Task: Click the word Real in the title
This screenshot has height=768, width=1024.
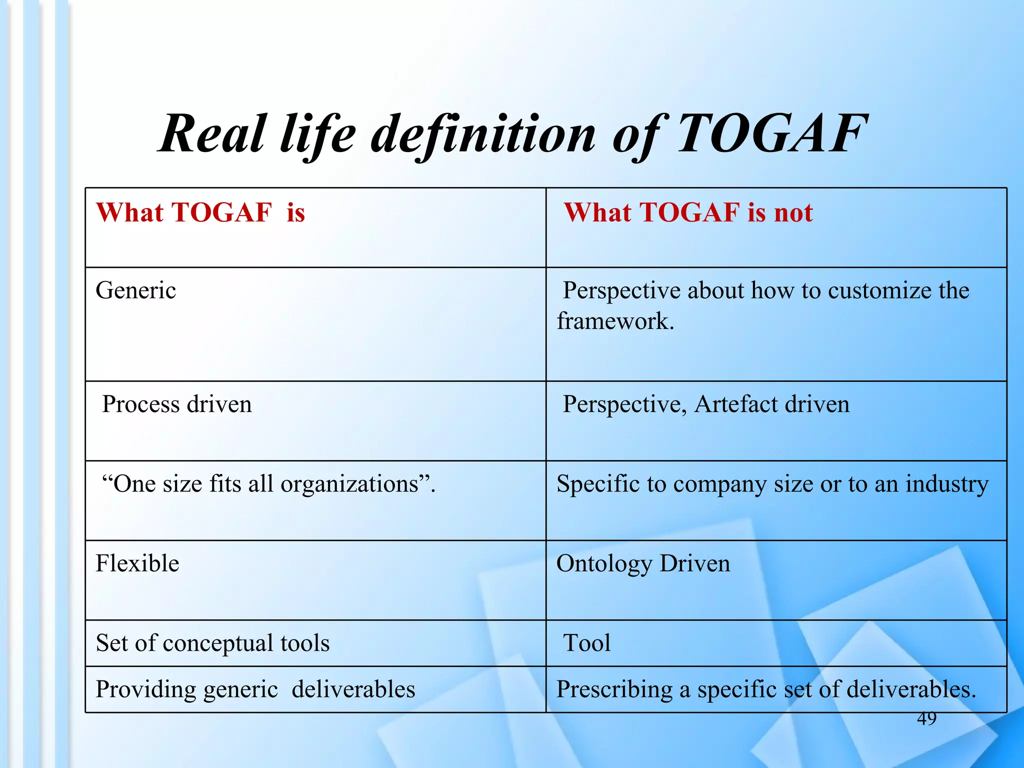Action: [x=212, y=133]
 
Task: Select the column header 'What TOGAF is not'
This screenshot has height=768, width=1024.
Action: [x=688, y=212]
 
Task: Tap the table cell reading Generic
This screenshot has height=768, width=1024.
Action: [x=136, y=290]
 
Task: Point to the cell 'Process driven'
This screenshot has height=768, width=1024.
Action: [x=177, y=404]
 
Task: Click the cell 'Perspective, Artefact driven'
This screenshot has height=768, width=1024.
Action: [x=706, y=404]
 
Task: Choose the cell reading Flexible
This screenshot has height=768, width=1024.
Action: [x=137, y=563]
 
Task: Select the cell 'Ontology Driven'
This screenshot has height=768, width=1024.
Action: [x=643, y=563]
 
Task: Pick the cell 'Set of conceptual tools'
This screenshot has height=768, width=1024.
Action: [x=212, y=643]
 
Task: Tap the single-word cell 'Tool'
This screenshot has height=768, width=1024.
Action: [x=587, y=643]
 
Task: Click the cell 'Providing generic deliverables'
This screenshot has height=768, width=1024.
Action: [x=255, y=689]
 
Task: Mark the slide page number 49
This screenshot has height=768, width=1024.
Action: [x=926, y=718]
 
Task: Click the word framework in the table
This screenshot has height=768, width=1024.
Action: [x=615, y=321]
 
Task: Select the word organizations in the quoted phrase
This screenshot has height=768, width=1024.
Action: [x=349, y=484]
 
